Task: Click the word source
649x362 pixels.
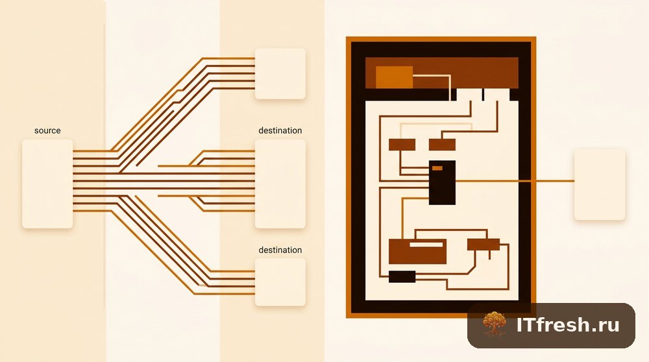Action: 47,131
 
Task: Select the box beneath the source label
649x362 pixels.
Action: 47,184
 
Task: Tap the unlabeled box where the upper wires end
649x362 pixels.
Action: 280,74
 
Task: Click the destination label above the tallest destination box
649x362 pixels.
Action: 280,131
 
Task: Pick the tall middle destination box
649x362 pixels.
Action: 280,184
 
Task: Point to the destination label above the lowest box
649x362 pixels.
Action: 280,250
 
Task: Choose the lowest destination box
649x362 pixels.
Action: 280,282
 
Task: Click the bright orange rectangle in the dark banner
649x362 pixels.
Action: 394,77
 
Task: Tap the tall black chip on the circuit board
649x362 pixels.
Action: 442,182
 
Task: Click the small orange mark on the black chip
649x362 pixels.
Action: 437,168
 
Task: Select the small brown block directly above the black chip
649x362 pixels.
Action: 442,145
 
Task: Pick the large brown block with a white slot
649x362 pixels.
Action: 417,251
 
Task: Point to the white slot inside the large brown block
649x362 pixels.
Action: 426,245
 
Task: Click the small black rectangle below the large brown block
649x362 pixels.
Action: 402,277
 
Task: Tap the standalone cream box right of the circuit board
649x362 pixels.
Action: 600,184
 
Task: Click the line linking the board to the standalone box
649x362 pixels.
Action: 515,181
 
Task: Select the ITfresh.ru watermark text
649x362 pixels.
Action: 568,325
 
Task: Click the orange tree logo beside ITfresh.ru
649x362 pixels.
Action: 494,324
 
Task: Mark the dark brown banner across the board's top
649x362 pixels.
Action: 441,73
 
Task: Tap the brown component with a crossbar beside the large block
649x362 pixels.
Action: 483,245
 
